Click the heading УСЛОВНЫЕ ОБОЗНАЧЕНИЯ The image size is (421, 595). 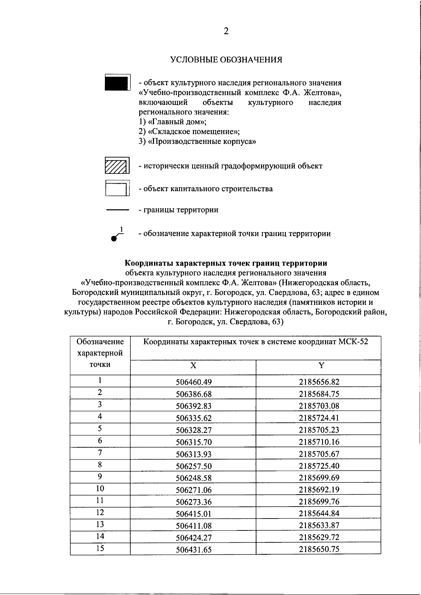tap(226, 60)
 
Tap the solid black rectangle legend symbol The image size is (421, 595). tap(117, 83)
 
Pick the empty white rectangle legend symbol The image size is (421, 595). tap(117, 189)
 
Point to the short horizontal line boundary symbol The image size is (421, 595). tap(118, 210)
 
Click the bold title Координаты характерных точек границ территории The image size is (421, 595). tap(226, 263)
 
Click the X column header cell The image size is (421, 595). tap(193, 366)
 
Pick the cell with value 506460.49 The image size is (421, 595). tap(194, 382)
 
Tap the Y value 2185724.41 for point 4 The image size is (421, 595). tap(319, 418)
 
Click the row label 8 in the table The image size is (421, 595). tap(100, 465)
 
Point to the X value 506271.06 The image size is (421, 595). tap(194, 490)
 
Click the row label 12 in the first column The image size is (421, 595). tap(100, 513)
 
